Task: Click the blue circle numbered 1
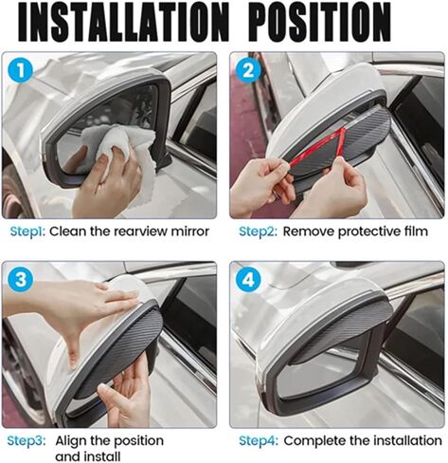(x=21, y=70)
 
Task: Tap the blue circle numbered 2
(x=248, y=70)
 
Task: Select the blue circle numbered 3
(x=21, y=280)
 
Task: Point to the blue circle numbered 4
(x=248, y=280)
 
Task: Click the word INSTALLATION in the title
(x=123, y=22)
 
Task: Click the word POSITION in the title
(x=322, y=22)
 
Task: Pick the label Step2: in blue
(x=258, y=231)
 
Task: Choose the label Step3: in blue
(x=27, y=440)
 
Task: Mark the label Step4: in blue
(x=259, y=440)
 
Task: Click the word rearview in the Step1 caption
(x=140, y=231)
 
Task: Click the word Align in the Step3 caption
(x=71, y=441)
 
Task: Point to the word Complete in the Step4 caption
(x=312, y=441)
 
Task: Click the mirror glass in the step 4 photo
(x=320, y=370)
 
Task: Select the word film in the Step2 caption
(x=416, y=231)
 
